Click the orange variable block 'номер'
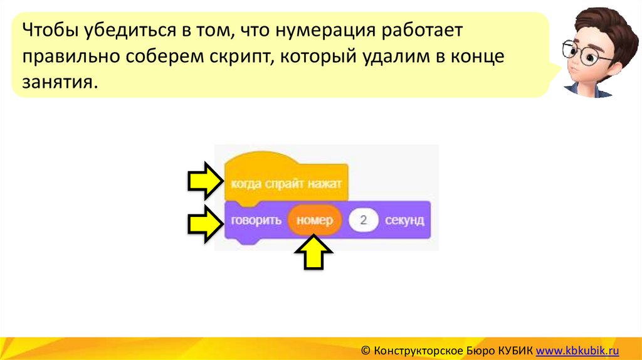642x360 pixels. (x=315, y=221)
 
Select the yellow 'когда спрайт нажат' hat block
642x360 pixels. (x=286, y=184)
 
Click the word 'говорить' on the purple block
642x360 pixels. (x=255, y=221)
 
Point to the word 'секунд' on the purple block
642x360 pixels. (x=404, y=221)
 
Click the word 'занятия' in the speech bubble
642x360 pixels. (x=60, y=82)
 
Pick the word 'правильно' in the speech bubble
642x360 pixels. (x=72, y=56)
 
